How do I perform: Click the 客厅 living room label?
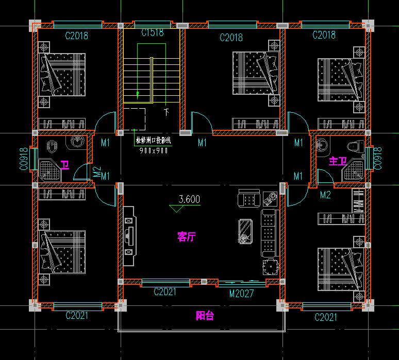pyautogui.click(x=186, y=237)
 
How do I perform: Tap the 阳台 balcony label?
pyautogui.click(x=205, y=316)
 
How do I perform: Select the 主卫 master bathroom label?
pyautogui.click(x=338, y=161)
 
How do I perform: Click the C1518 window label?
pyautogui.click(x=153, y=33)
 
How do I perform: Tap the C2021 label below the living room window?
pyautogui.click(x=165, y=293)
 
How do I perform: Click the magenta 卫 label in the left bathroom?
pyautogui.click(x=65, y=165)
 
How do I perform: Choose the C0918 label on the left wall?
pyautogui.click(x=23, y=159)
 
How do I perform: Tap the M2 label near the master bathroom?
pyautogui.click(x=325, y=195)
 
